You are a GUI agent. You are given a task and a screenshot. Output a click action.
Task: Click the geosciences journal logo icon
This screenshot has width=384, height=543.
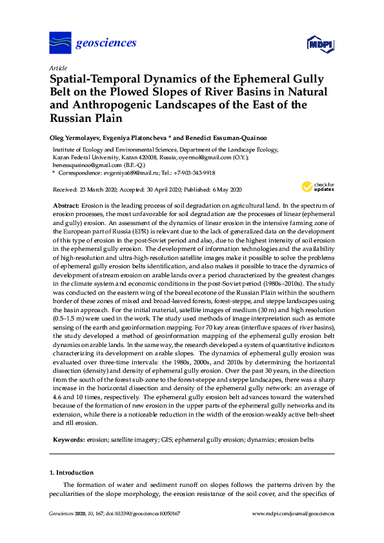pos(60,43)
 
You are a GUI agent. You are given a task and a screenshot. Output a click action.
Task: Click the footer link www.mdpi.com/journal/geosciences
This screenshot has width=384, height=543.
pos(293,514)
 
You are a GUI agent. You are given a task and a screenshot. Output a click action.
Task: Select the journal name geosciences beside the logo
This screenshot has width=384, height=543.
pos(106,43)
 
